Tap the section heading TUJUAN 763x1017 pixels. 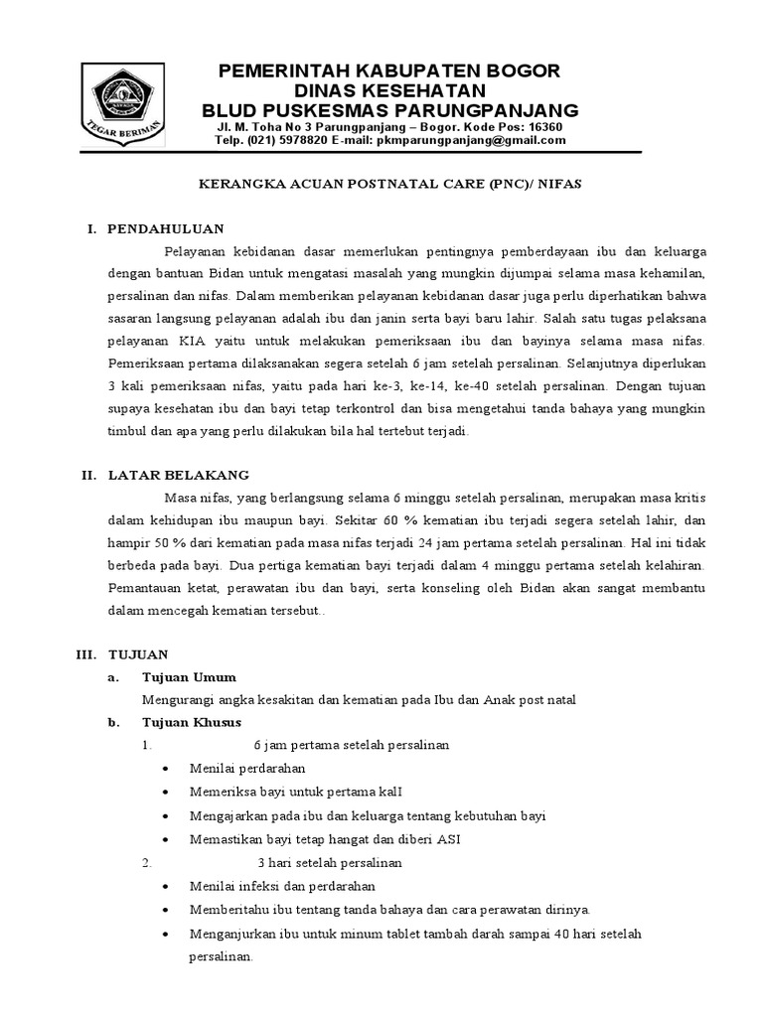[138, 654]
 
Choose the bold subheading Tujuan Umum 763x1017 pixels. [189, 677]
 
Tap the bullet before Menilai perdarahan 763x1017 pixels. [165, 769]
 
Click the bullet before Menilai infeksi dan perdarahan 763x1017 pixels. [165, 887]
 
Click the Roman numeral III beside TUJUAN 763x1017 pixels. [85, 654]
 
